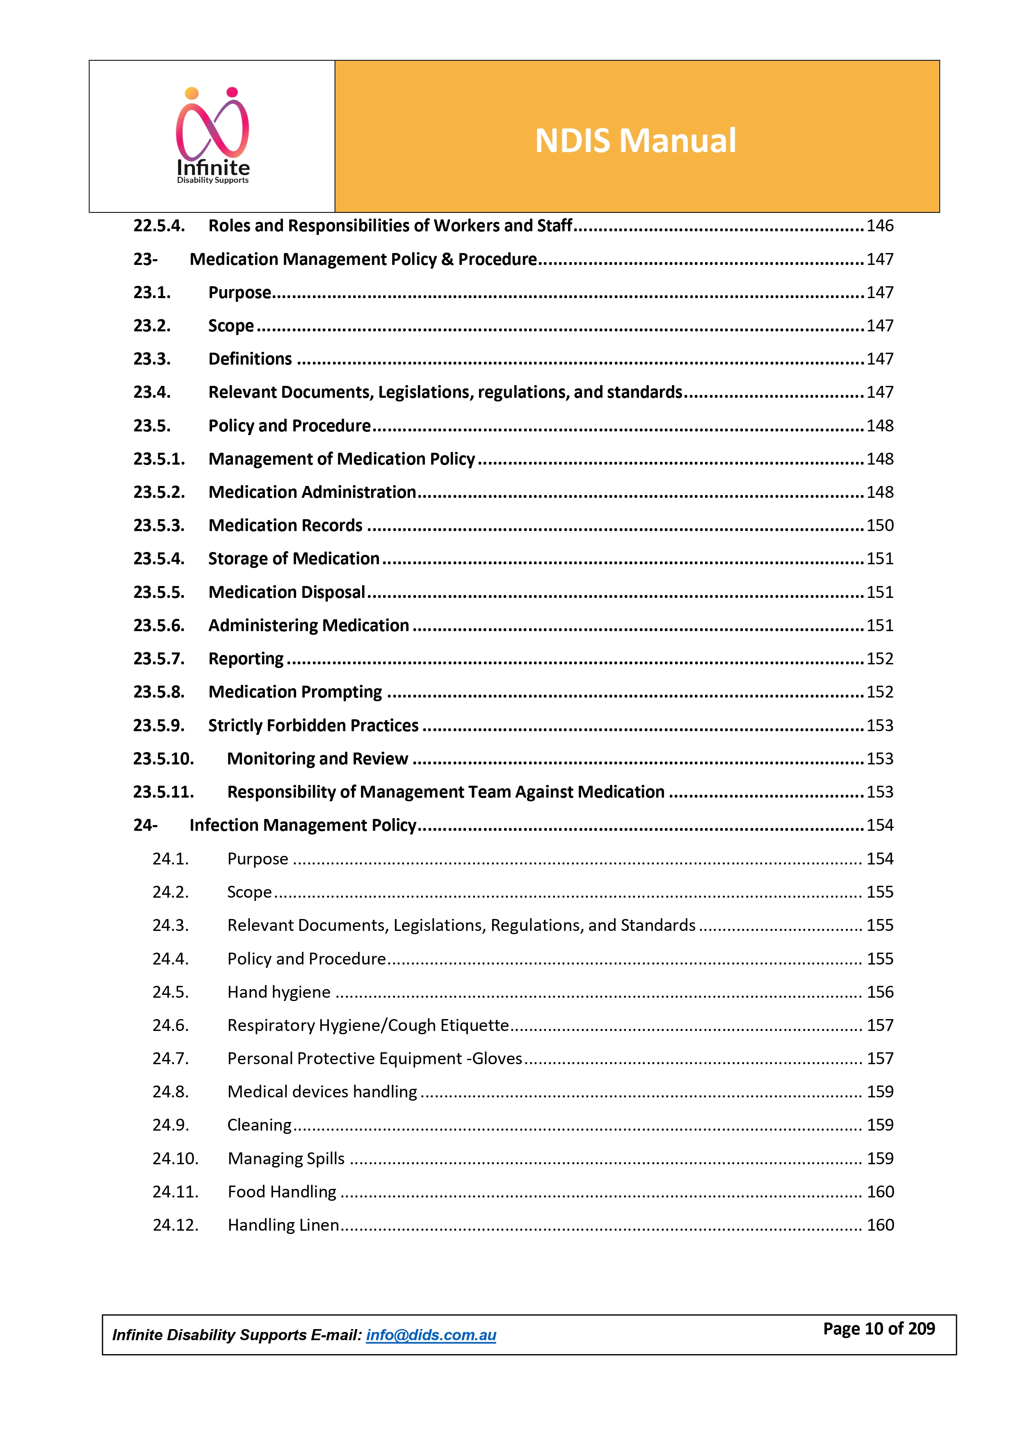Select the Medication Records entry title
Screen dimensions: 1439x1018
pyautogui.click(x=285, y=525)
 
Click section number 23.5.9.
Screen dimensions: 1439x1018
pyautogui.click(x=159, y=725)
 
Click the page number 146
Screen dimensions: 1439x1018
pyautogui.click(x=879, y=226)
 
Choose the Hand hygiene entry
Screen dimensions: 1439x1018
pyautogui.click(x=278, y=992)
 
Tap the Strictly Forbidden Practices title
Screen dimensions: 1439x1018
pyautogui.click(x=313, y=725)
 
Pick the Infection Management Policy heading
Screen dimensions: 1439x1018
pyautogui.click(x=303, y=825)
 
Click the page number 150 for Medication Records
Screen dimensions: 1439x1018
pyautogui.click(x=879, y=525)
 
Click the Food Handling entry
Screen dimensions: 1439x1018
pyautogui.click(x=281, y=1191)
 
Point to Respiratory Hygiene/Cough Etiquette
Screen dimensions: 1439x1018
pyautogui.click(x=368, y=1025)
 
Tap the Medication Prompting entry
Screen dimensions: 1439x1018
pyautogui.click(x=295, y=692)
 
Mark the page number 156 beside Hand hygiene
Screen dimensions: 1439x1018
pyautogui.click(x=879, y=992)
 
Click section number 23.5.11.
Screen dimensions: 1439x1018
pyautogui.click(x=163, y=791)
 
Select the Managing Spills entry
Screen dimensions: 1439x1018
pyautogui.click(x=286, y=1158)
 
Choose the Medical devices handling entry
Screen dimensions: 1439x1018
pyautogui.click(x=322, y=1092)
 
